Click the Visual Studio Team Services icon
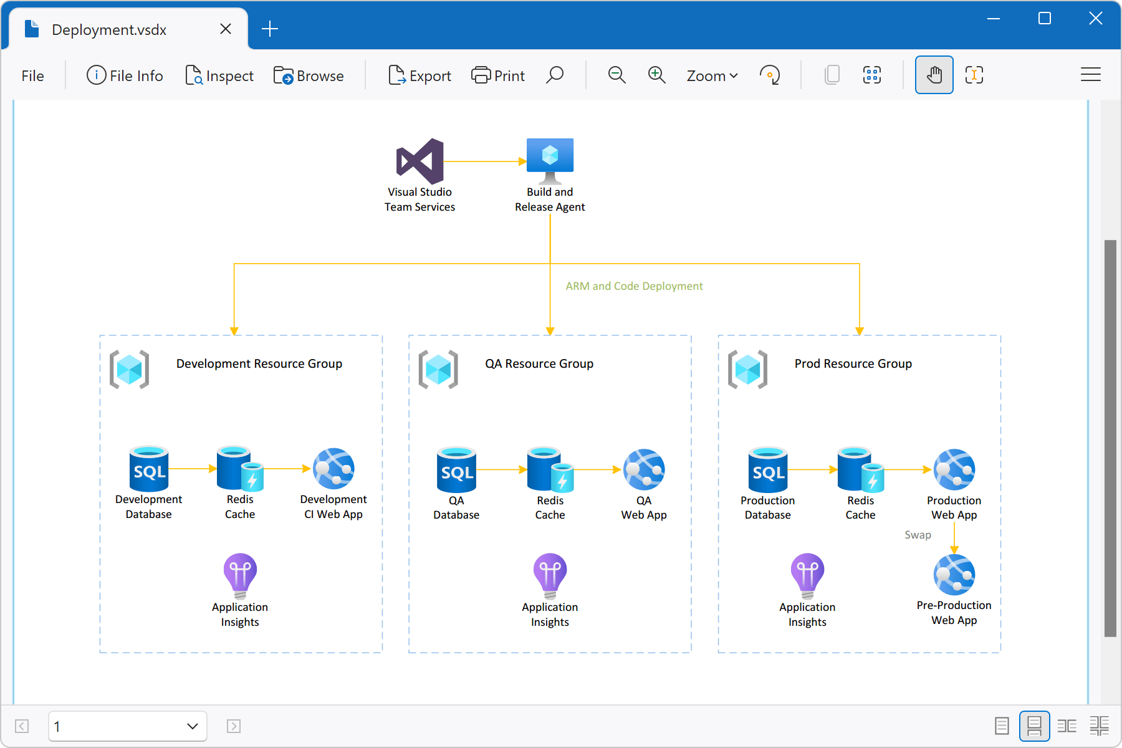point(420,161)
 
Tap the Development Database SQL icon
point(149,469)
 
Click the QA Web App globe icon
point(644,469)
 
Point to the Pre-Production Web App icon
point(954,575)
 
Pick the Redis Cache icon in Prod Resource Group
point(860,469)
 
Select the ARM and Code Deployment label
point(634,286)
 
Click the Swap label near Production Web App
point(918,535)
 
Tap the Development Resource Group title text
point(259,363)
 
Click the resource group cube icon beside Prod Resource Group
point(747,369)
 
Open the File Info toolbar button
point(125,75)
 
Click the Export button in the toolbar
point(420,75)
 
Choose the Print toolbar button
point(498,75)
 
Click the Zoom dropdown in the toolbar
point(712,75)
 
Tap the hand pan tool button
point(934,75)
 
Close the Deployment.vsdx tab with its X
point(226,29)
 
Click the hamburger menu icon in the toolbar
point(1090,75)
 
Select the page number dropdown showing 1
point(127,726)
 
